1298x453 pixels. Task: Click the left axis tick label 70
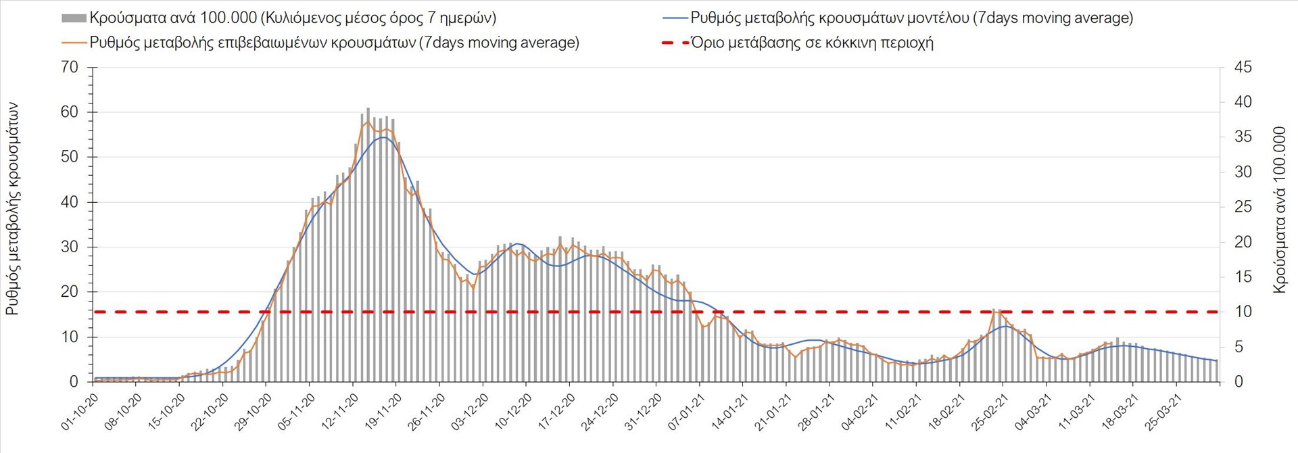pos(70,68)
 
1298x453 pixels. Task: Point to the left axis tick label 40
pos(70,202)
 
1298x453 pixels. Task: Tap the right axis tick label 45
pos(1243,68)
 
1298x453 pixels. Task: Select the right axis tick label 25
pos(1243,207)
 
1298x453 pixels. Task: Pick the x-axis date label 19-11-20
pos(383,413)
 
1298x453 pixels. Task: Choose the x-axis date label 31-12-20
pos(643,413)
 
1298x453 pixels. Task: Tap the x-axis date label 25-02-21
pos(990,413)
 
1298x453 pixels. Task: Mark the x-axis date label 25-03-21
pos(1164,413)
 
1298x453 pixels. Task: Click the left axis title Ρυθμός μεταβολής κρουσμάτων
pos(12,210)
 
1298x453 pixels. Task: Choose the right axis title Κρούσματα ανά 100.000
pos(1279,210)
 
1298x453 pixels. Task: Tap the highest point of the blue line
pos(383,137)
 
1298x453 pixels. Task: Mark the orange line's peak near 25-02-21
pos(993,310)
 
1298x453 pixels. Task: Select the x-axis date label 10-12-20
pos(513,413)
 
